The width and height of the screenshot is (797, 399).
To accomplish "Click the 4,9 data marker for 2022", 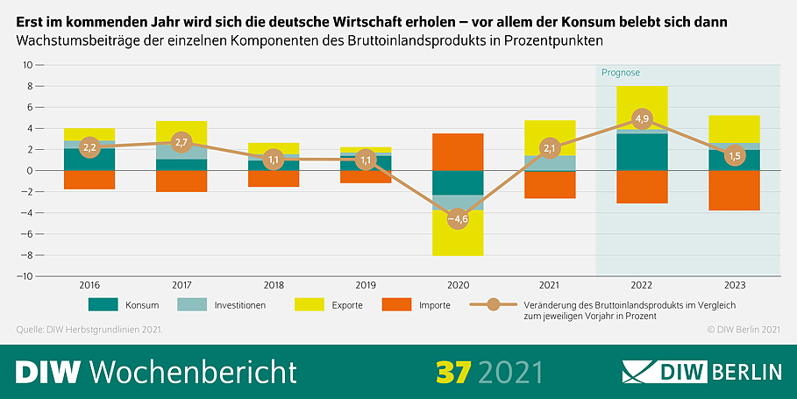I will click(643, 118).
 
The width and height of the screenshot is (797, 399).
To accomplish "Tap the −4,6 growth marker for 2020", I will click(459, 219).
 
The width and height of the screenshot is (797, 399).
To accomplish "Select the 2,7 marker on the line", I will click(181, 142).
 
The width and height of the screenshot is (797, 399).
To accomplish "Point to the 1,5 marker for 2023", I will click(734, 155).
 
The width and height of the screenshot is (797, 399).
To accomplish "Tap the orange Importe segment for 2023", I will click(734, 190).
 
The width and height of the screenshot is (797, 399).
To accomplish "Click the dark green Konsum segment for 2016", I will click(89, 160).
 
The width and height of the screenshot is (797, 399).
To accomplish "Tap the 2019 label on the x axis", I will click(366, 285).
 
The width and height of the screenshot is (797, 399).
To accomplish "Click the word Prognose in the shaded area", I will click(621, 73).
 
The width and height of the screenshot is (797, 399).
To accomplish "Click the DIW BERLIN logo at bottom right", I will click(701, 371).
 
